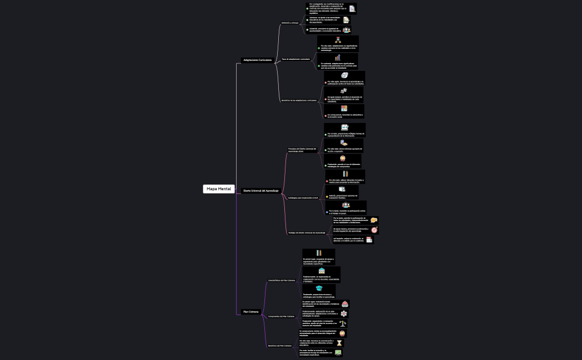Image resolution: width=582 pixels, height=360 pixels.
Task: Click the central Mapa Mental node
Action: click(219, 189)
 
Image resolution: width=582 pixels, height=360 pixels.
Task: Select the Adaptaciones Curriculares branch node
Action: click(257, 60)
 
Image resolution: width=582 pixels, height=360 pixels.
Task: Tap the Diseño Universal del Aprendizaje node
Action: click(261, 191)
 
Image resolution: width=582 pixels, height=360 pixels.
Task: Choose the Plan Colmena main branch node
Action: click(251, 312)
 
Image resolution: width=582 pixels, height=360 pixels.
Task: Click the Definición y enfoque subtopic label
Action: click(290, 23)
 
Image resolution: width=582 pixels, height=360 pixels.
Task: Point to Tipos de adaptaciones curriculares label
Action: click(295, 59)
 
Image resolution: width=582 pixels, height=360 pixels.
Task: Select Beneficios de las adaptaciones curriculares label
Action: click(299, 100)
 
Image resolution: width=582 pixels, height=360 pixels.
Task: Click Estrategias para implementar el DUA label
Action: click(303, 198)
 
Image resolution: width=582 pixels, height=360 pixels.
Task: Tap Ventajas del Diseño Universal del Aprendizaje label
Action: click(307, 233)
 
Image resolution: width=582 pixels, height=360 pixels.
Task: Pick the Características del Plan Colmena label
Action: click(282, 280)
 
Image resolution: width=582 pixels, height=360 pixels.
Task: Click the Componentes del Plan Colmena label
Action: click(281, 316)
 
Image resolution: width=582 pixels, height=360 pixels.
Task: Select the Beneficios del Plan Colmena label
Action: click(280, 346)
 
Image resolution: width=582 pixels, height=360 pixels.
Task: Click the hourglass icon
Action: click(339, 343)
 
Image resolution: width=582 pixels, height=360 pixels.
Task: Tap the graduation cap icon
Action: click(319, 288)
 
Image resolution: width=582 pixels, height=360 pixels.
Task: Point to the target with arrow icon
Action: click(374, 230)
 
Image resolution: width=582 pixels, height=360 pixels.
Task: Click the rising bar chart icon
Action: click(338, 57)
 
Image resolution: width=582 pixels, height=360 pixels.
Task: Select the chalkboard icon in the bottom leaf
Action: click(338, 352)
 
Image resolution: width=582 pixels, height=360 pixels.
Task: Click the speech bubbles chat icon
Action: click(374, 220)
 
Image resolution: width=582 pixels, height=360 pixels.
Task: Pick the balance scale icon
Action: click(343, 323)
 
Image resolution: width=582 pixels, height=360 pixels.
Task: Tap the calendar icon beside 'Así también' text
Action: click(369, 240)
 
